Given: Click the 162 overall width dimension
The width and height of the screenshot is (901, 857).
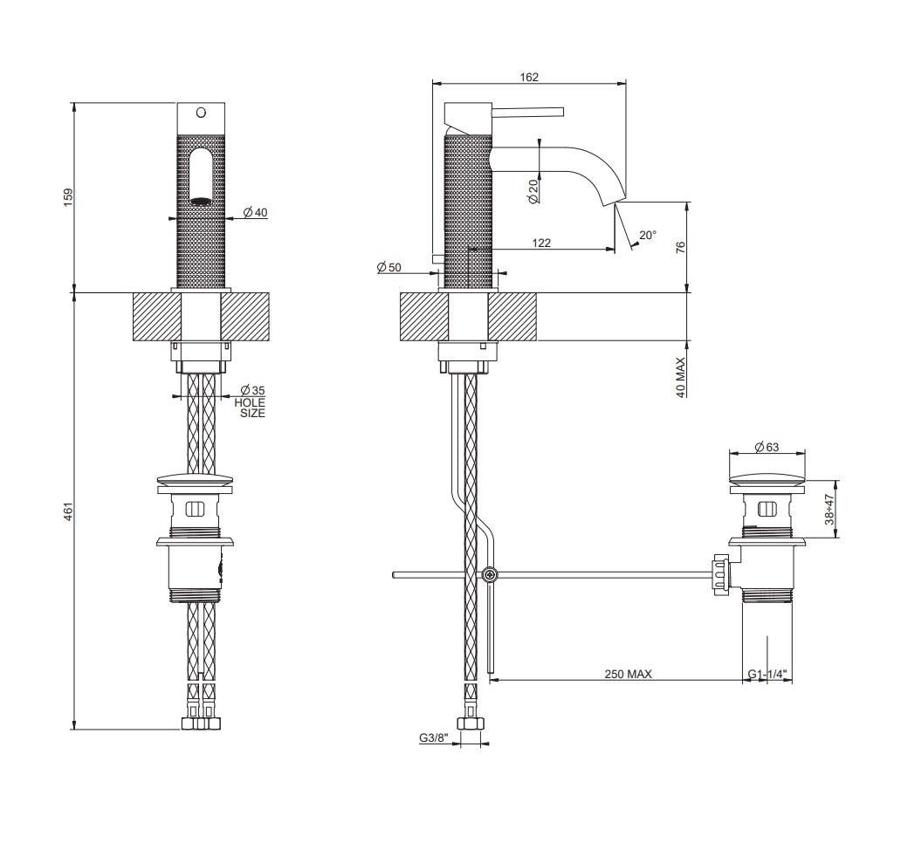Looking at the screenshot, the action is [x=529, y=77].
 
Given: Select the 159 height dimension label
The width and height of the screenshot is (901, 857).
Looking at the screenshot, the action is [x=68, y=197].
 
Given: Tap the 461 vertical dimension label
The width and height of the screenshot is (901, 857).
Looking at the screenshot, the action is [x=68, y=511].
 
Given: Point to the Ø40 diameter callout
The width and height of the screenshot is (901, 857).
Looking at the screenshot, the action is [x=255, y=213].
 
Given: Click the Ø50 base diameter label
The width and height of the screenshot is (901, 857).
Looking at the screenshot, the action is [x=389, y=267].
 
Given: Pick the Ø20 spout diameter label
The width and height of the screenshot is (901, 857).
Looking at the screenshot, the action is [x=533, y=191].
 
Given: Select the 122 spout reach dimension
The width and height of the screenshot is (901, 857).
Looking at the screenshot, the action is [x=541, y=243].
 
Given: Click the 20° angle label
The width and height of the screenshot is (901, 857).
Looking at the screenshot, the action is [x=648, y=235].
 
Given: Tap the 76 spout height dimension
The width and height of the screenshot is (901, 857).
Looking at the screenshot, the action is [x=681, y=248].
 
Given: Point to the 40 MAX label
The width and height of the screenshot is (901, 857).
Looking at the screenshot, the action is [x=681, y=377].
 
